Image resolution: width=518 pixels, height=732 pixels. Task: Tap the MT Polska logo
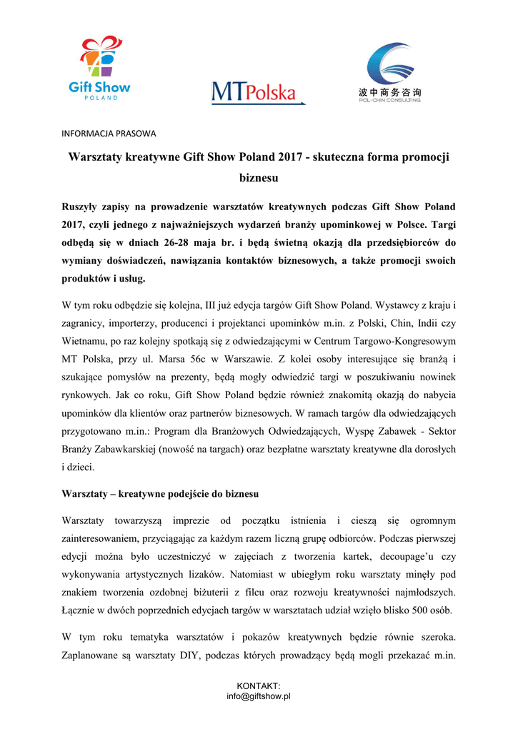(258, 92)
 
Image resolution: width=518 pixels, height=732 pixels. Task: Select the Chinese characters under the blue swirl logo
(389, 92)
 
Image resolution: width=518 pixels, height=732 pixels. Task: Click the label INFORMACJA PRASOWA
(109, 134)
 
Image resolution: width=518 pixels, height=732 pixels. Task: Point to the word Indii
(426, 323)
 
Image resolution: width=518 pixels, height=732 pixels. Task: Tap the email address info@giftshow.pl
(259, 696)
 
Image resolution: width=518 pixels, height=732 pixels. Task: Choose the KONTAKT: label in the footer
(259, 686)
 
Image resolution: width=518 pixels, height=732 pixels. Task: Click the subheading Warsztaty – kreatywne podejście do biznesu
(161, 494)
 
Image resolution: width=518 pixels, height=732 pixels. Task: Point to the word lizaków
(243, 573)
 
